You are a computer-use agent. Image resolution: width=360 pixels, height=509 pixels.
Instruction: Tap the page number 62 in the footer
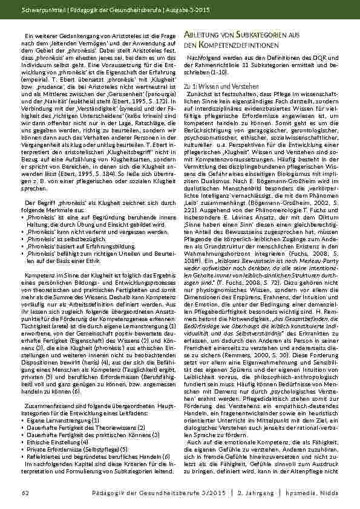click(x=24, y=494)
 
